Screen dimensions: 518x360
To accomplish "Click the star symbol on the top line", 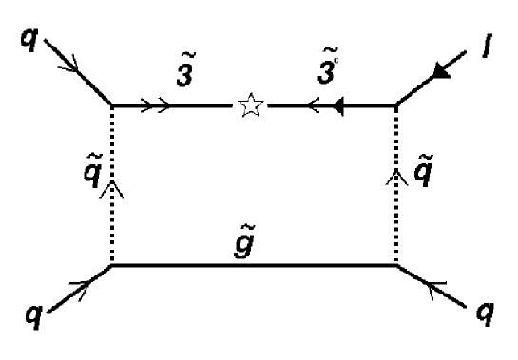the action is (252, 106).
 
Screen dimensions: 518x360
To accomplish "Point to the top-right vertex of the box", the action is (396, 106).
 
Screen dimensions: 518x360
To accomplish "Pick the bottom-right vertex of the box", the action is (396, 266).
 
